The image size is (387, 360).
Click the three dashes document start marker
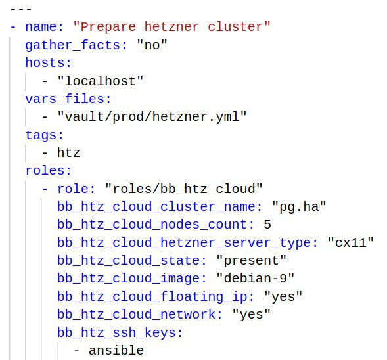click(21, 9)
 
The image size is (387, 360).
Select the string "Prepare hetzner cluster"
click(171, 26)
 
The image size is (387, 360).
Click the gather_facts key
click(73, 45)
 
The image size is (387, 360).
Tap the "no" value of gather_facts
click(152, 45)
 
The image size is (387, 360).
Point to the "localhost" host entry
click(101, 81)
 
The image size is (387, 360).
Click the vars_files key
click(65, 99)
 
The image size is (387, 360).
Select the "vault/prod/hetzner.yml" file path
click(152, 116)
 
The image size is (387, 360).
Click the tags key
click(41, 135)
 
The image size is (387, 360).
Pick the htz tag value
click(68, 152)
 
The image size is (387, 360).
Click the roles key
click(45, 171)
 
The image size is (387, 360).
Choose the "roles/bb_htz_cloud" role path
click(183, 189)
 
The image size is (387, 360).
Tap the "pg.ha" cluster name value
click(299, 206)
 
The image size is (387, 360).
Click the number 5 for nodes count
click(267, 225)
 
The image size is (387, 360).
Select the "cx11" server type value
click(350, 242)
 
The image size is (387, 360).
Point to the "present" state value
click(251, 261)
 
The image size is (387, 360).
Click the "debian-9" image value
click(255, 278)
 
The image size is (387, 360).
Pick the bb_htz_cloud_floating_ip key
click(152, 296)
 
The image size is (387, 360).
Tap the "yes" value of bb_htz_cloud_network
click(251, 314)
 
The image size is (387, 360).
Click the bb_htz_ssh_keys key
click(116, 332)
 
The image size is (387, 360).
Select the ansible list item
click(116, 350)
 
